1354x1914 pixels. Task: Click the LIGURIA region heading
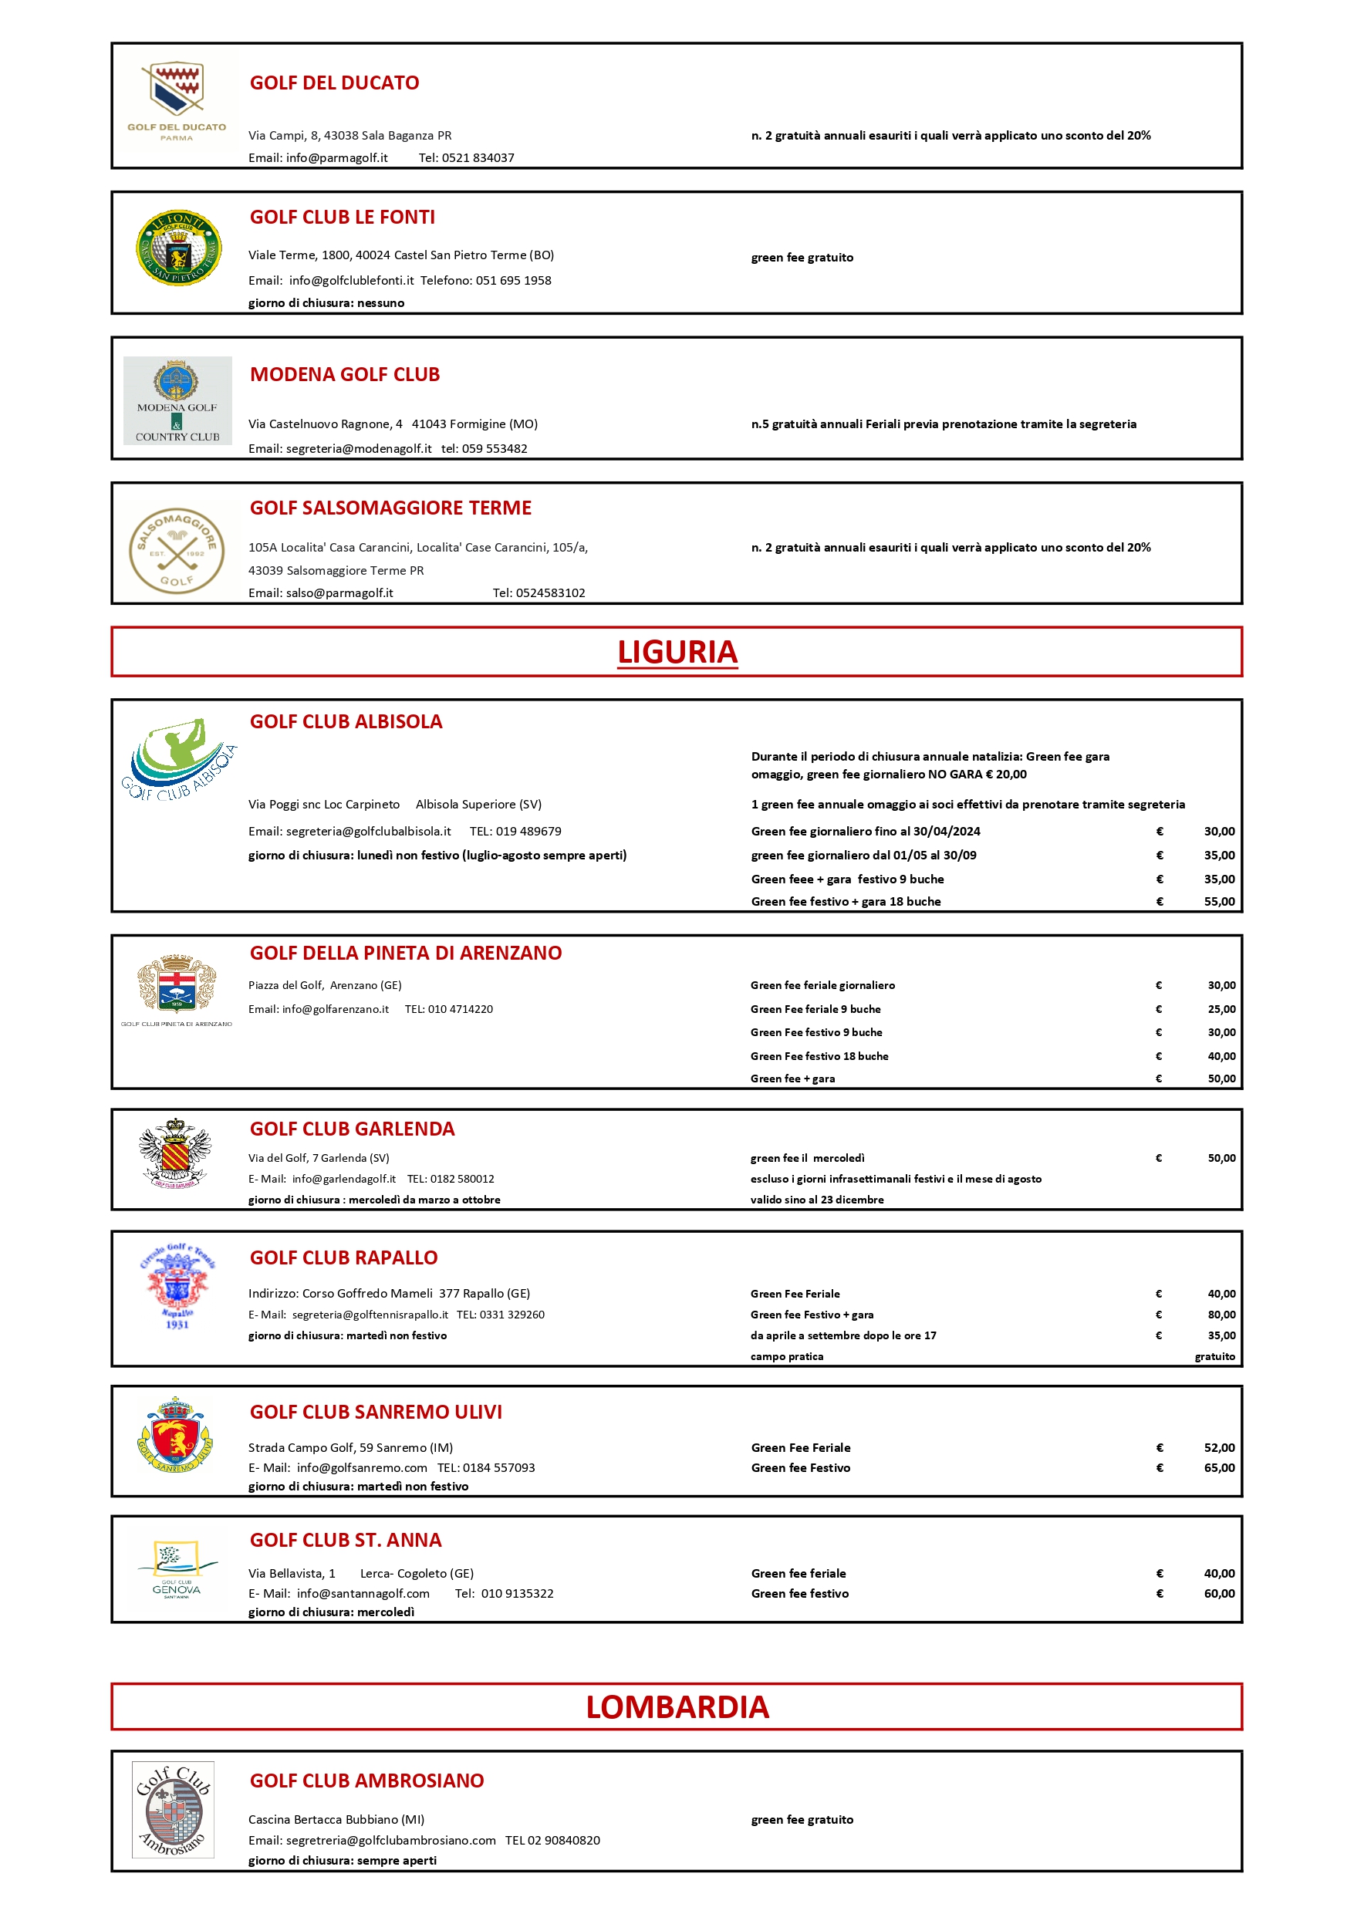[x=677, y=652]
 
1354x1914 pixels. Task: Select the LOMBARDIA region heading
[x=677, y=1707]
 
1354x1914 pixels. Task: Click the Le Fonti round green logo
[x=178, y=248]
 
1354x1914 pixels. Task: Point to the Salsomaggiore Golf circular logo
[x=177, y=550]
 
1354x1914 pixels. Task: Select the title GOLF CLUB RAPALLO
[x=343, y=1257]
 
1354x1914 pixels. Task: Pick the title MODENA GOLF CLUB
[x=344, y=374]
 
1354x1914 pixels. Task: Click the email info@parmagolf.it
[x=337, y=157]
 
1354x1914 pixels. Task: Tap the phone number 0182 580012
[x=462, y=1179]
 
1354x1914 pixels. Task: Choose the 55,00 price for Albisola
[x=1219, y=901]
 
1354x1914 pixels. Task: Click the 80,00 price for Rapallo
[x=1221, y=1315]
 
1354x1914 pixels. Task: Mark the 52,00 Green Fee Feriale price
[x=1219, y=1448]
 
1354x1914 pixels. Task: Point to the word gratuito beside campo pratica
[x=1215, y=1356]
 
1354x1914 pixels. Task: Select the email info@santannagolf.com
[x=363, y=1593]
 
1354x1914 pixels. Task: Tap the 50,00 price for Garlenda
[x=1221, y=1158]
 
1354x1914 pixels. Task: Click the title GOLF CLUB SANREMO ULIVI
[x=375, y=1411]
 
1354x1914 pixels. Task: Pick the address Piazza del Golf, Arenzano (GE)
[x=324, y=985]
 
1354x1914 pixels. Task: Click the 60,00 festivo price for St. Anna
[x=1219, y=1593]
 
